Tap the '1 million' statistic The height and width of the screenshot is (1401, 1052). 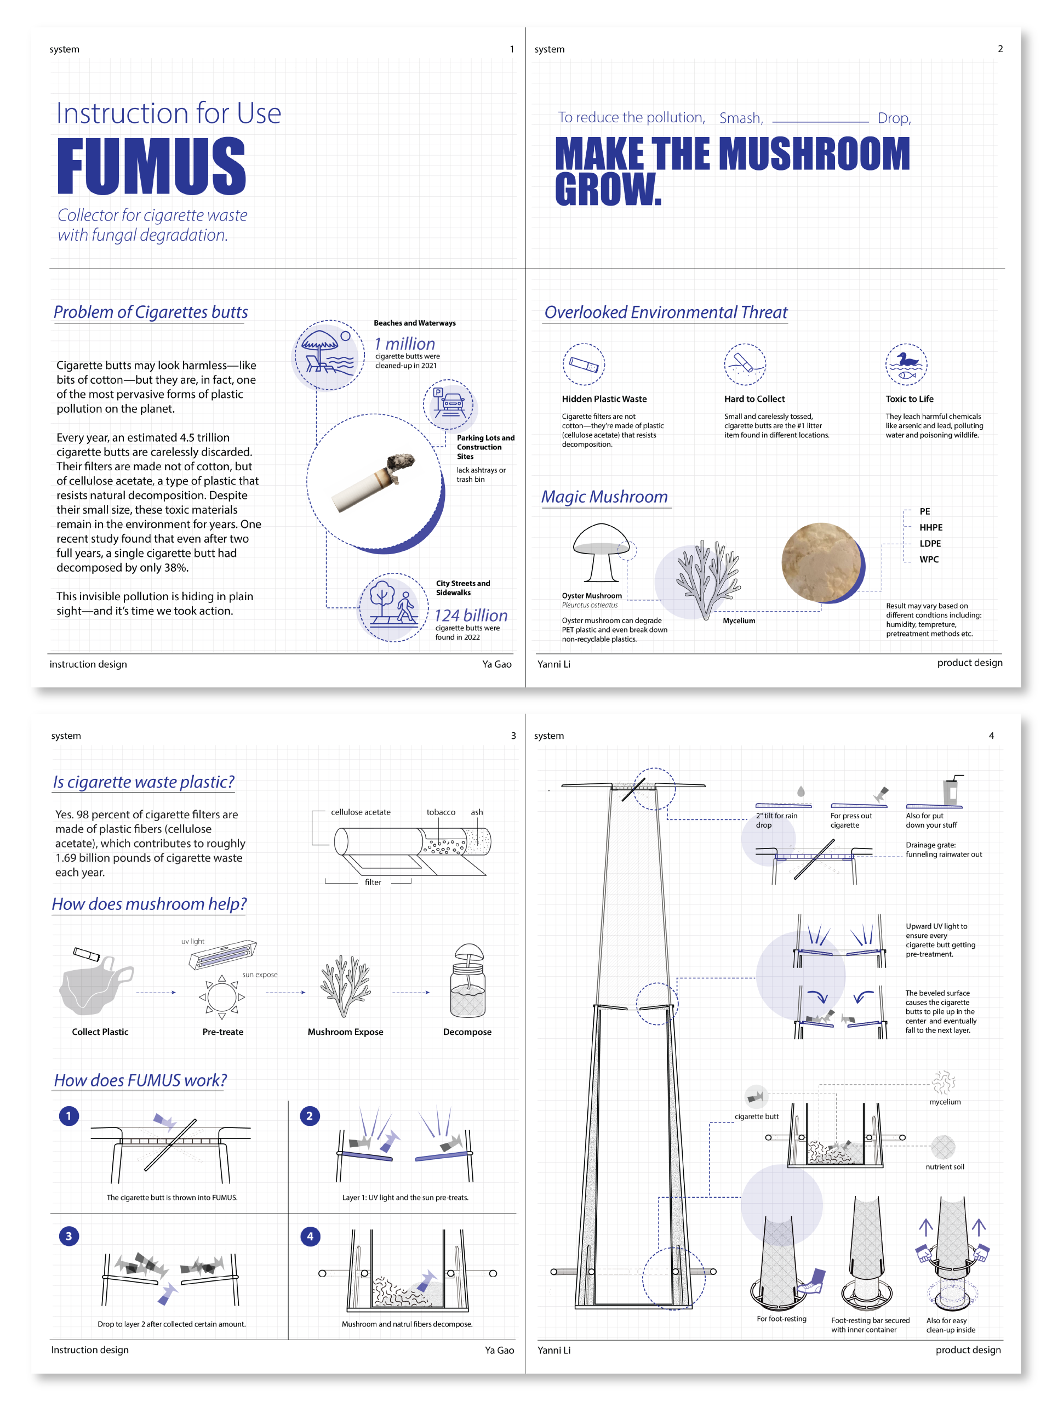tap(404, 343)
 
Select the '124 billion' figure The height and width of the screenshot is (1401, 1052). tap(470, 615)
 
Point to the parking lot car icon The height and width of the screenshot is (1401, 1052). tap(448, 403)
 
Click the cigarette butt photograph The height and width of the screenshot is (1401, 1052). tap(375, 482)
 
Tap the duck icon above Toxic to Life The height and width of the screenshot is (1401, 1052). tap(906, 364)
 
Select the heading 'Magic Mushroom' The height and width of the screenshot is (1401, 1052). tap(604, 497)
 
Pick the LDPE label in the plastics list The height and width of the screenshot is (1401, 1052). tap(929, 543)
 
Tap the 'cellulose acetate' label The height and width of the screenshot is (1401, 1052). tap(360, 812)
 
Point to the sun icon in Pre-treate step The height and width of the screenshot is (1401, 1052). tap(221, 997)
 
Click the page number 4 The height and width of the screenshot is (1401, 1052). tap(991, 736)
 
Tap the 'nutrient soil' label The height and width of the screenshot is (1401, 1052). tap(945, 1166)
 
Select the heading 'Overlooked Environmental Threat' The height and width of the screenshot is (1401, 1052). tap(665, 312)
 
